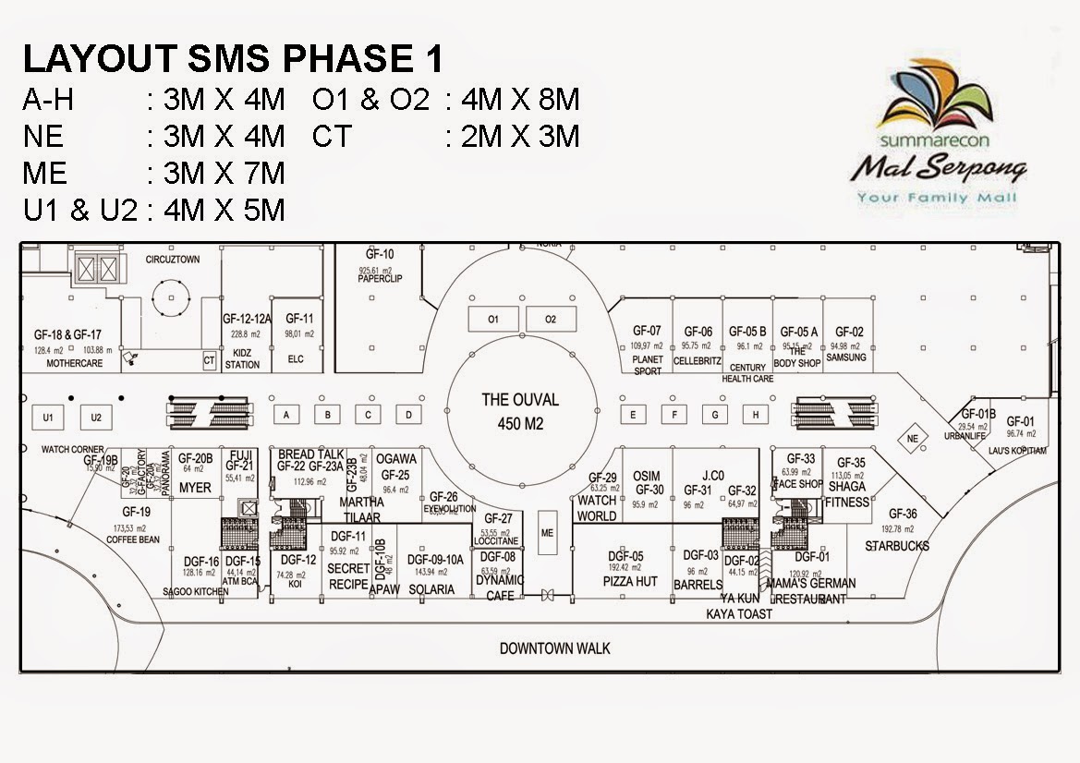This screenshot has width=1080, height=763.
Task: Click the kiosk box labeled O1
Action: pyautogui.click(x=493, y=320)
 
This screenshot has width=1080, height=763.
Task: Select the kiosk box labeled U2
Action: pyautogui.click(x=96, y=418)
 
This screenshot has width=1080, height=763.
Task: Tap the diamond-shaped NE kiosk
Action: pyautogui.click(x=913, y=438)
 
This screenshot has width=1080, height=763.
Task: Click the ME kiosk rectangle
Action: pyautogui.click(x=547, y=533)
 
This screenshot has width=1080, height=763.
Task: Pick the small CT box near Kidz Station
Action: pyautogui.click(x=210, y=362)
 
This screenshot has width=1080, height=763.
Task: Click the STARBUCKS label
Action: pyautogui.click(x=897, y=546)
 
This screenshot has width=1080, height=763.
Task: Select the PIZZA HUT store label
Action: pyautogui.click(x=630, y=582)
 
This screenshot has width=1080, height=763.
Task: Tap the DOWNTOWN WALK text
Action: pyautogui.click(x=555, y=648)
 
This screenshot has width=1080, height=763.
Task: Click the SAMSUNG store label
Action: pyautogui.click(x=846, y=357)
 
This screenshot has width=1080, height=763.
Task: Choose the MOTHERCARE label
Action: pyautogui.click(x=75, y=364)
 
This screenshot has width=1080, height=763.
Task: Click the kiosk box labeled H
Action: pyautogui.click(x=756, y=415)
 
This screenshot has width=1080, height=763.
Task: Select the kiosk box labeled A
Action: pyautogui.click(x=287, y=415)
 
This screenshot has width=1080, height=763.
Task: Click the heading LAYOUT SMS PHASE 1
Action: pyautogui.click(x=233, y=59)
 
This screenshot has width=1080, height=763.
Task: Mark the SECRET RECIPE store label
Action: pyautogui.click(x=348, y=576)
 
